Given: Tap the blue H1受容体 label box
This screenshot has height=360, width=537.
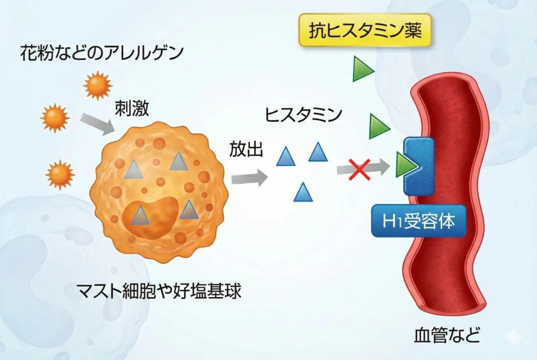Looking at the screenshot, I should coord(418,221).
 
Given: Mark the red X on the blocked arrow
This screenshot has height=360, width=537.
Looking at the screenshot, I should coord(360,169).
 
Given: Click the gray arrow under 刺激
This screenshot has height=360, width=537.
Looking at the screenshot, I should coord(98,124).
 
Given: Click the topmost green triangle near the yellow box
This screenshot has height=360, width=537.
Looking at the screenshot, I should coord(362,70).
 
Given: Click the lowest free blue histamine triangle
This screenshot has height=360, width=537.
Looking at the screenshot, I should coord(303,192).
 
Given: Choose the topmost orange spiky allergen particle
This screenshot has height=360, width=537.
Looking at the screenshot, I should coord(98,85).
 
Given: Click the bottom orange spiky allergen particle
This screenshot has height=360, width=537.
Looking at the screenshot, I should coord(60,174).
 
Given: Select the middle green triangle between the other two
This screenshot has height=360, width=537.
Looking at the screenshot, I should coord(378,126).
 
